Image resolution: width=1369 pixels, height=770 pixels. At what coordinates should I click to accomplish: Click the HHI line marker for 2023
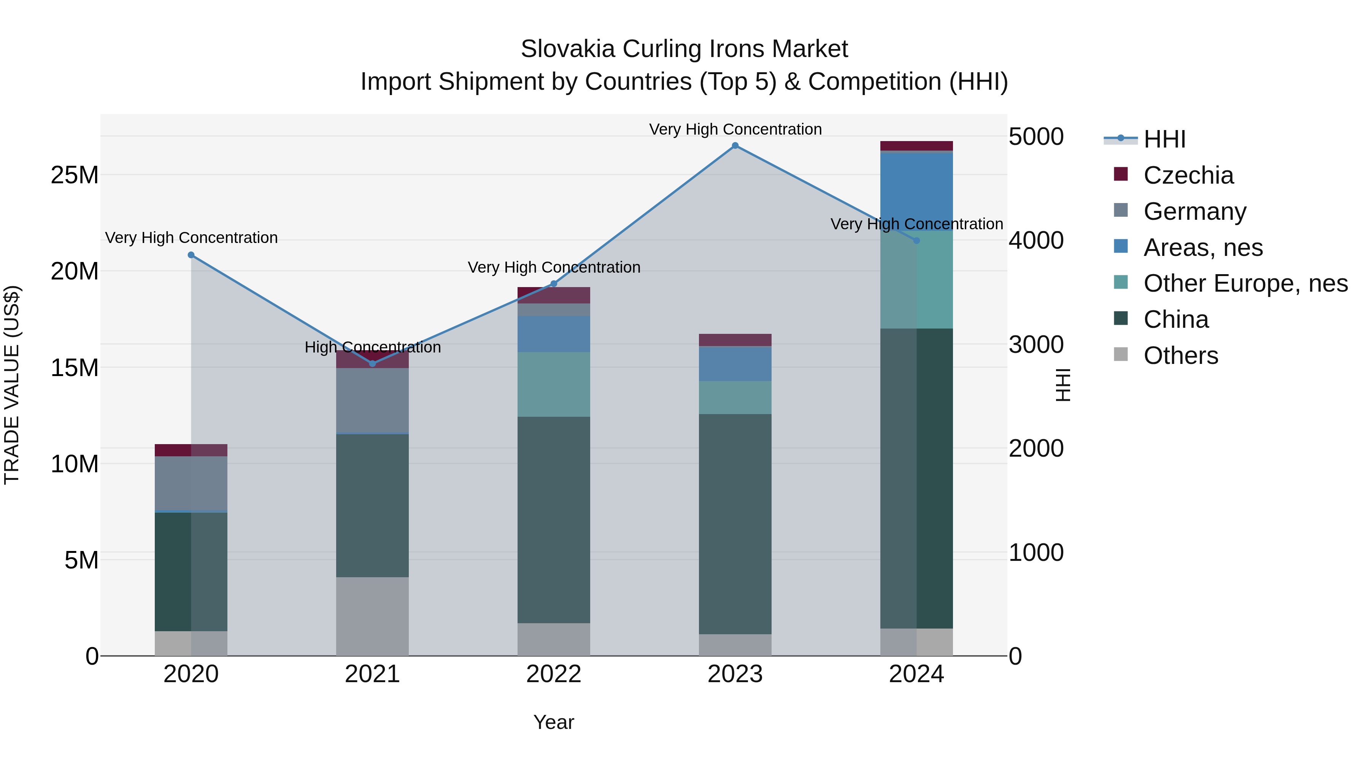(x=735, y=146)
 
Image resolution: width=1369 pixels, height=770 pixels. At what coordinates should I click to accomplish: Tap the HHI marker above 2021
(x=373, y=364)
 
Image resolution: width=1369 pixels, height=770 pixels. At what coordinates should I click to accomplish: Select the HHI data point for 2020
(x=191, y=255)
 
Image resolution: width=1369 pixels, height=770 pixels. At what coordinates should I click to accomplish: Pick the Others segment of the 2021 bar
(x=373, y=616)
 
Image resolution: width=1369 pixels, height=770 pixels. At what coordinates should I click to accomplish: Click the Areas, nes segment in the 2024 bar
(x=917, y=191)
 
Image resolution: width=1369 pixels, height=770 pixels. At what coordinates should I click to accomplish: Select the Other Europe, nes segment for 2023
(x=735, y=397)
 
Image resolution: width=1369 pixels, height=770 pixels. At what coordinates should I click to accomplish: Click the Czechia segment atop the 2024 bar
(x=917, y=146)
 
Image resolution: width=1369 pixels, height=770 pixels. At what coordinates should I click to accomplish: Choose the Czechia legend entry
(x=1188, y=175)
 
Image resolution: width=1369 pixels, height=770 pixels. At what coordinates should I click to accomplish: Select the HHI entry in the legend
(x=1164, y=139)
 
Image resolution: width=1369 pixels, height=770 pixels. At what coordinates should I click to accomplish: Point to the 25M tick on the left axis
(x=75, y=175)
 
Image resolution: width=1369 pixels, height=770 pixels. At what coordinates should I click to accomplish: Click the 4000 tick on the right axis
(x=1036, y=241)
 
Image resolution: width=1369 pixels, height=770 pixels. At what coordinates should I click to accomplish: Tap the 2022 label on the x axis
(x=554, y=674)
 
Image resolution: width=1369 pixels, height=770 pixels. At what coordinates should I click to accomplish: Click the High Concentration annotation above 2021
(x=373, y=348)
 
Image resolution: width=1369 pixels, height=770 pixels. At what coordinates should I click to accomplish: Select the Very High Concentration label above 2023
(x=735, y=129)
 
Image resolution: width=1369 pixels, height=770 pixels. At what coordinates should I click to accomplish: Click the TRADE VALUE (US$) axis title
(x=12, y=385)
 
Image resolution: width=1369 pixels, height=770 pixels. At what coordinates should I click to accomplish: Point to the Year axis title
(x=554, y=722)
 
